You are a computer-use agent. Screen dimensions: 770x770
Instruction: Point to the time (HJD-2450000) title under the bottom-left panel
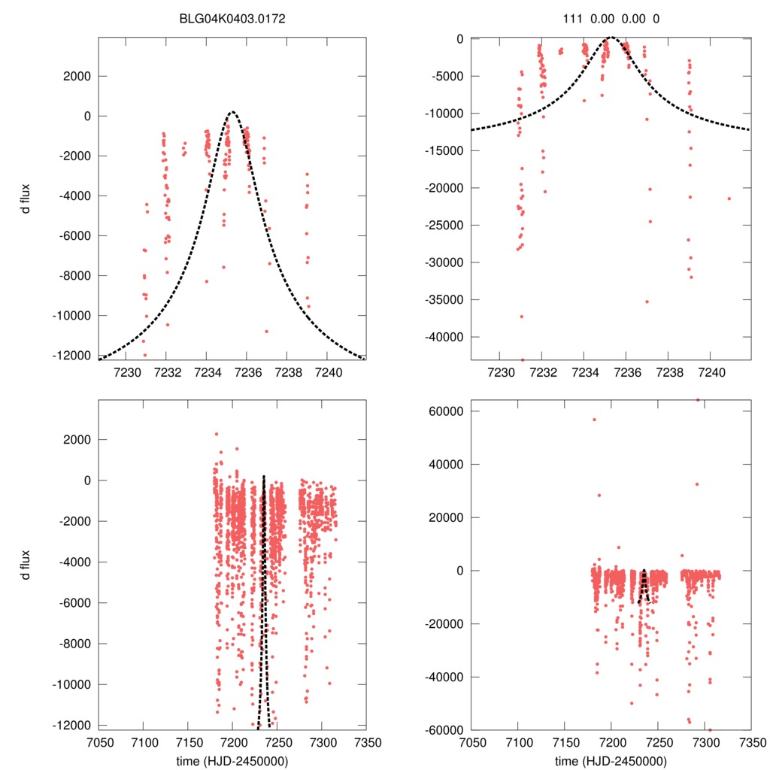[232, 761]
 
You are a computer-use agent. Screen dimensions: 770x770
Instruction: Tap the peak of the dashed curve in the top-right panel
[611, 38]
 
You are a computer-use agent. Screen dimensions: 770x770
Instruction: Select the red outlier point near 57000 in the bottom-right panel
[593, 420]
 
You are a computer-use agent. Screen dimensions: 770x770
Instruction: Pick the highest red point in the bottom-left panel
[217, 434]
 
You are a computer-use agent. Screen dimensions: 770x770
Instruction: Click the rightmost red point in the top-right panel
[729, 199]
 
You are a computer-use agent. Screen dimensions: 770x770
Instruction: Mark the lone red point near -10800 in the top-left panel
[266, 331]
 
